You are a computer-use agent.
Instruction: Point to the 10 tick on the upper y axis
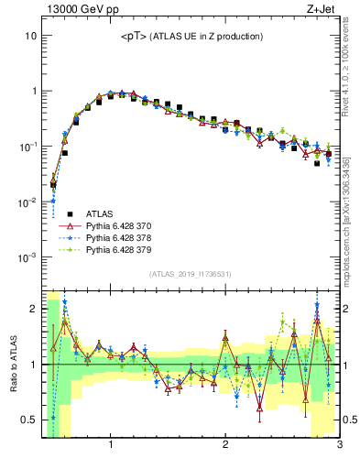point(31,36)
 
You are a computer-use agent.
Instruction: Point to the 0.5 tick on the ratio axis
point(29,420)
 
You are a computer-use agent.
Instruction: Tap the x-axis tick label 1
point(111,446)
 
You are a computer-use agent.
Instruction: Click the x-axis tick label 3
point(338,446)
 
